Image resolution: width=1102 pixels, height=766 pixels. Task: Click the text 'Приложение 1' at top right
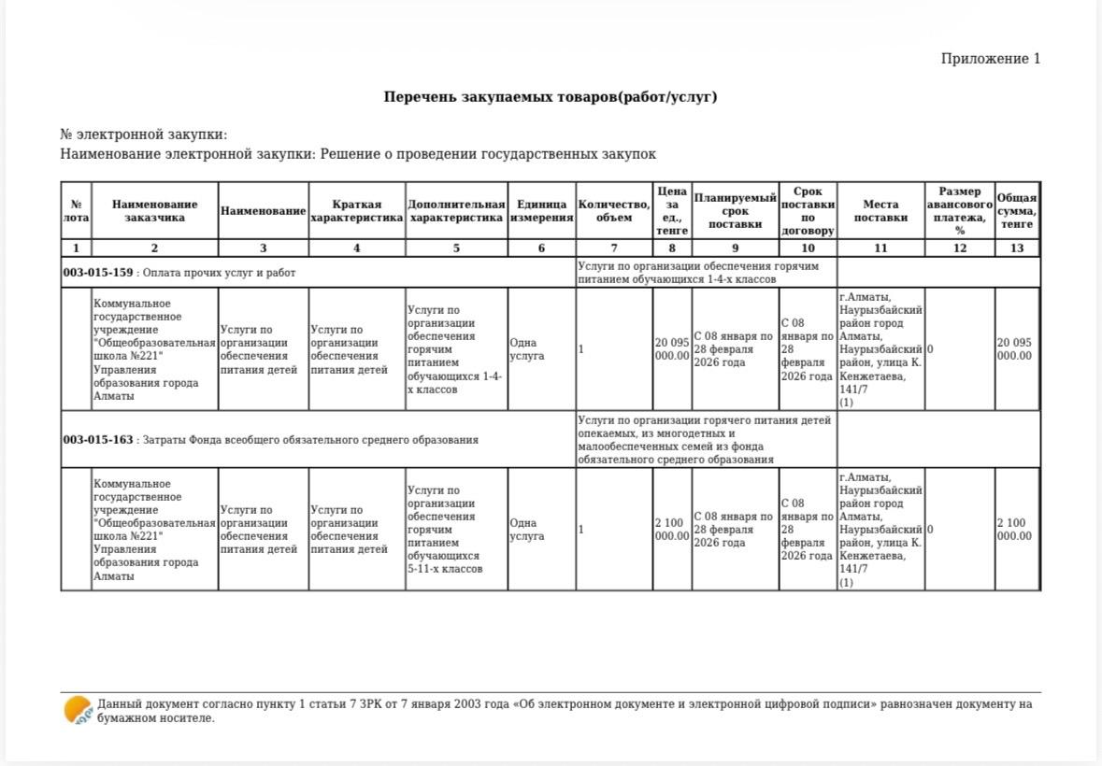coord(990,59)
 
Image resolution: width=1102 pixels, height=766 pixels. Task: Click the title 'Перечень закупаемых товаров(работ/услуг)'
coord(551,97)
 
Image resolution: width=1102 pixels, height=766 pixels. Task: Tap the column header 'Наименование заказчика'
coord(154,211)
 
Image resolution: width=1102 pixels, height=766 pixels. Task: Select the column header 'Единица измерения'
coord(541,211)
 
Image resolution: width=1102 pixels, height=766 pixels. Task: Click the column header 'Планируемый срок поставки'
coord(735,211)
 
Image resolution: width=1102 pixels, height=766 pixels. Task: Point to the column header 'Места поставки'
coord(880,211)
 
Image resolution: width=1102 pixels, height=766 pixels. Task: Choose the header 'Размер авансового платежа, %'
coord(959,211)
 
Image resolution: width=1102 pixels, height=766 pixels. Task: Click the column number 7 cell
coord(613,248)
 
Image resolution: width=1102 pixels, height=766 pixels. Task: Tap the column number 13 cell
coord(1017,248)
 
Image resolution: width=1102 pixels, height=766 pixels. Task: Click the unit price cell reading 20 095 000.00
coord(671,349)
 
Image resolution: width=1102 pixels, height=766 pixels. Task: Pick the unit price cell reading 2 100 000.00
coord(671,530)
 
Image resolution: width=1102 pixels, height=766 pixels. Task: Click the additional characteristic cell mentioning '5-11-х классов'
coord(456,530)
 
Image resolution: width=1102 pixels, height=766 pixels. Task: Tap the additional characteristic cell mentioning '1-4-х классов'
coord(456,349)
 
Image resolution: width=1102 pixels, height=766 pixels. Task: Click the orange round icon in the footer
coord(78,711)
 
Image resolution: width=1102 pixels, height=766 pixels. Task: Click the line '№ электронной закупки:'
coord(144,135)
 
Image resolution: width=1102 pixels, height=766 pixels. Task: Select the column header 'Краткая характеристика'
coord(356,211)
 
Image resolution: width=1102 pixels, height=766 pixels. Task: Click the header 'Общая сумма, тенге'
coord(1017,211)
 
